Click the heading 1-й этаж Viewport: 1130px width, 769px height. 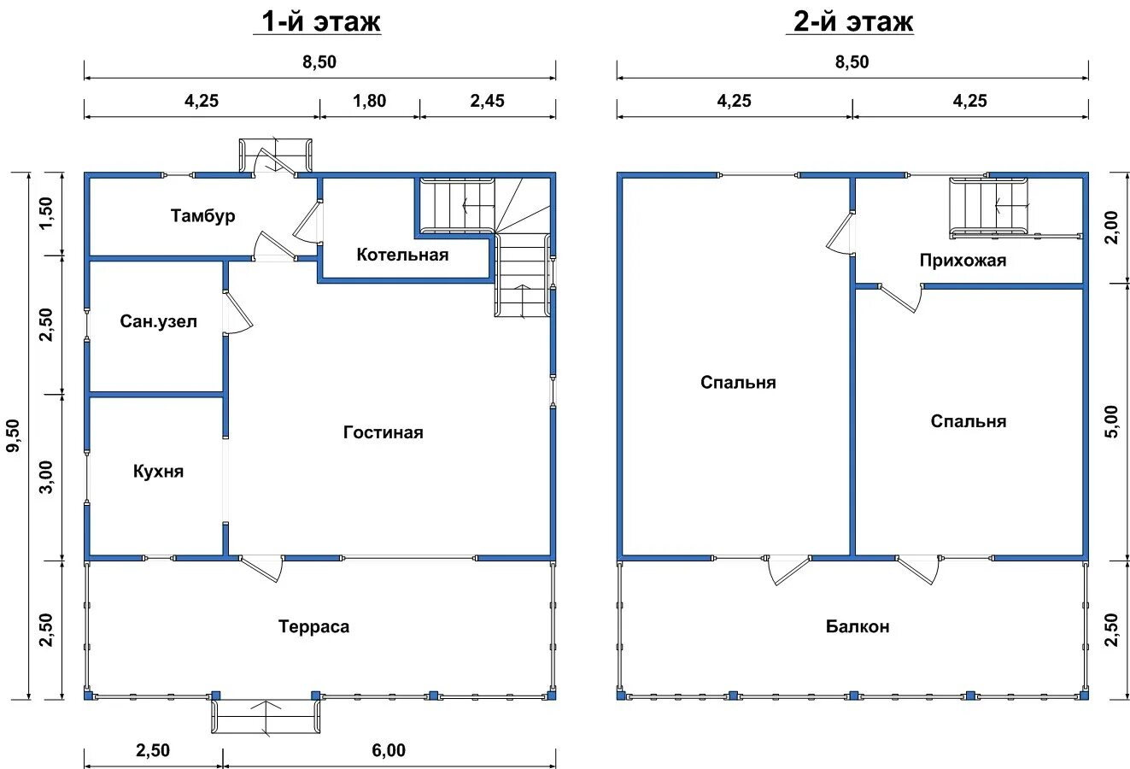pyautogui.click(x=320, y=21)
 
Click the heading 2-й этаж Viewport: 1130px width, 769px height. pyautogui.click(x=853, y=21)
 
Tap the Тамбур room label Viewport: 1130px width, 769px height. pyautogui.click(x=202, y=216)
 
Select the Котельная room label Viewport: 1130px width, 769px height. pyautogui.click(x=402, y=255)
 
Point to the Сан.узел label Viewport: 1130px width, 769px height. pyautogui.click(x=158, y=321)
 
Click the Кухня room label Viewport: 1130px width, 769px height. pyautogui.click(x=158, y=472)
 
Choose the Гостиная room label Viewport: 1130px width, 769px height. pyautogui.click(x=383, y=432)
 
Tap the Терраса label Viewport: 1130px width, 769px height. pyautogui.click(x=313, y=626)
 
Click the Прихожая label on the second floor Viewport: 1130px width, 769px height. pyautogui.click(x=963, y=261)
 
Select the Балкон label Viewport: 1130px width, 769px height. pyautogui.click(x=858, y=626)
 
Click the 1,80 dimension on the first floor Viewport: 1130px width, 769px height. pyautogui.click(x=370, y=102)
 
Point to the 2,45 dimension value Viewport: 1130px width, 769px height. pyautogui.click(x=488, y=102)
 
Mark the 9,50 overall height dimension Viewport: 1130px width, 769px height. pyautogui.click(x=14, y=436)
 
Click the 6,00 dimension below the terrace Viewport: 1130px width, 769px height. pyautogui.click(x=389, y=751)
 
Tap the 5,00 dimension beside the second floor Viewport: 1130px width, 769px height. pyautogui.click(x=1111, y=422)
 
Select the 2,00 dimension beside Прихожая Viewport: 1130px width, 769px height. pyautogui.click(x=1111, y=227)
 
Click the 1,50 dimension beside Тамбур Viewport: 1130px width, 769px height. pyautogui.click(x=46, y=213)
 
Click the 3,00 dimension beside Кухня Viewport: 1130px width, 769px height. pyautogui.click(x=46, y=478)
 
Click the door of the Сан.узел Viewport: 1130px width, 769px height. pyautogui.click(x=237, y=312)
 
